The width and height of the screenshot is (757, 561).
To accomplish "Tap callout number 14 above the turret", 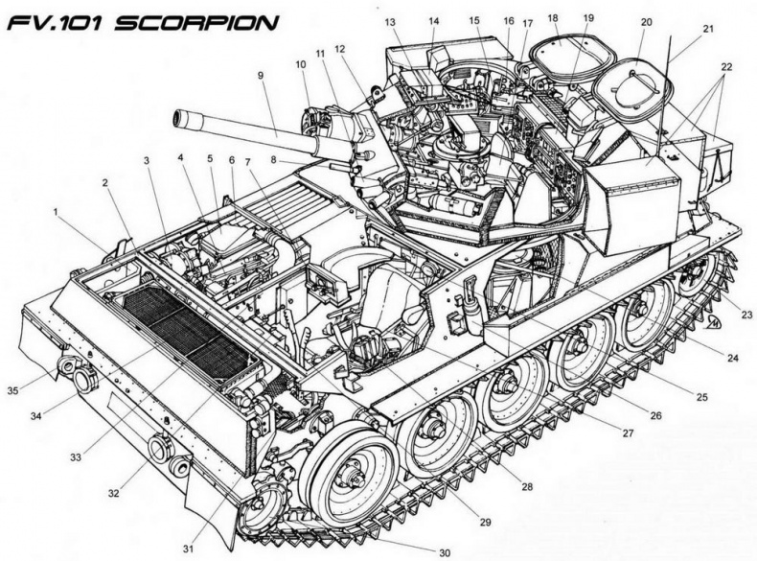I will tap(434, 20).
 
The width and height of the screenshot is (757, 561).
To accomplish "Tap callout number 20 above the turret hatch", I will tap(646, 21).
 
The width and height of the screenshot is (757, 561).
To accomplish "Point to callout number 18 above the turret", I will tap(553, 18).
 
